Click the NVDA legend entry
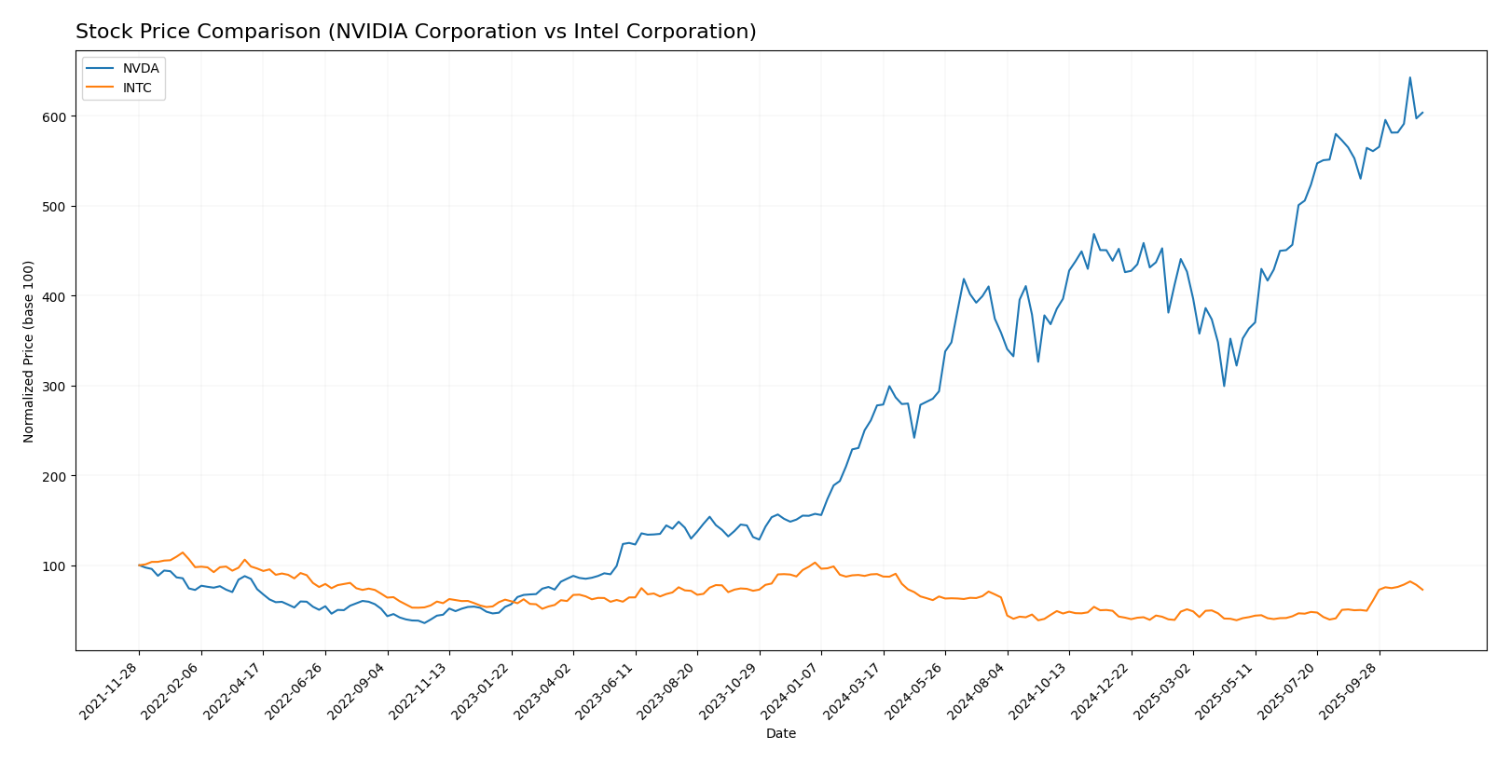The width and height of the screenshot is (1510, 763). coord(140,68)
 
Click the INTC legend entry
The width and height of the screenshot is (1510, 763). coord(136,89)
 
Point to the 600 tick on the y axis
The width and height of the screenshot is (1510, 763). coord(55,116)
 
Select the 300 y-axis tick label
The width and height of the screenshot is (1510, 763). coord(55,387)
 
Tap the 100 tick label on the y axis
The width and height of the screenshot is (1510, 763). coord(55,566)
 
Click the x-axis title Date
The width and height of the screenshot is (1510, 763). coord(780,734)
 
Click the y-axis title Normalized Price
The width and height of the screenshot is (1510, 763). coord(29,351)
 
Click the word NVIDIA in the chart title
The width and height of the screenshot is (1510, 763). coord(369,33)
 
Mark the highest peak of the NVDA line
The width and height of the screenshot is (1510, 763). coord(1409,77)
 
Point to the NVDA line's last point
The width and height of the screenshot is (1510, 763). coord(1422,113)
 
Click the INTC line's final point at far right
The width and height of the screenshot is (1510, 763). coord(1422,590)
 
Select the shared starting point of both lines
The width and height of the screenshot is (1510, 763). coord(139,565)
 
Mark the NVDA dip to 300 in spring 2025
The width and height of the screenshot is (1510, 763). coord(1224,386)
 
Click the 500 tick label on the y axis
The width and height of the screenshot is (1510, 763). coord(55,207)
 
